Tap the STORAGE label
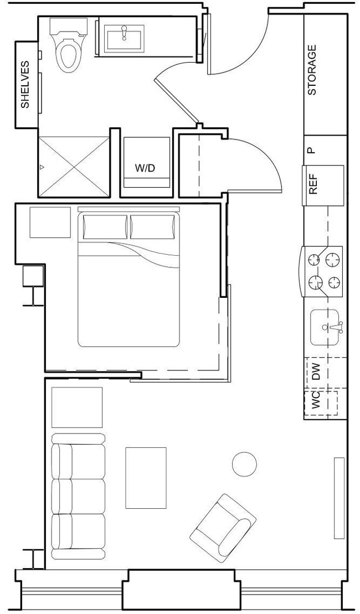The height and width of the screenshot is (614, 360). click(x=312, y=70)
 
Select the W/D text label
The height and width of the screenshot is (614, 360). click(x=145, y=168)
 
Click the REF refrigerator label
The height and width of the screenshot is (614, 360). click(x=313, y=185)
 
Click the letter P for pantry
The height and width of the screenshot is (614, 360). click(x=311, y=150)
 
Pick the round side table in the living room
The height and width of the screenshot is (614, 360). click(x=244, y=464)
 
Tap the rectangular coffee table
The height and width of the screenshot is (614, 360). click(x=146, y=477)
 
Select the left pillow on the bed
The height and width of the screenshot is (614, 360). click(x=105, y=227)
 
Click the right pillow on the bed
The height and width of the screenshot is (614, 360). click(x=155, y=227)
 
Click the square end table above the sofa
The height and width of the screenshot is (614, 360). click(x=77, y=407)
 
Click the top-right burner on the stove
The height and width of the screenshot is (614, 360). click(x=332, y=259)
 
